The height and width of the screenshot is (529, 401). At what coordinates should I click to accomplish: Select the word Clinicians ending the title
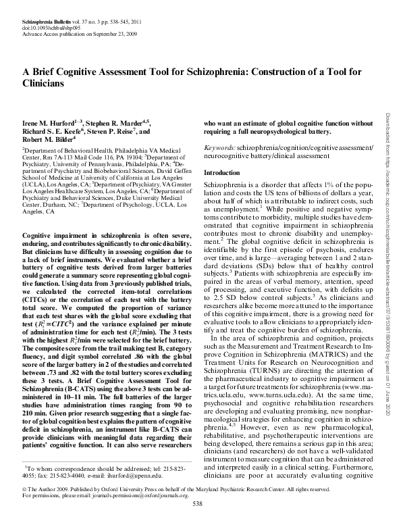point(45,84)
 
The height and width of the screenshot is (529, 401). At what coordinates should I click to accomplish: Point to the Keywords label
point(219,147)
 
